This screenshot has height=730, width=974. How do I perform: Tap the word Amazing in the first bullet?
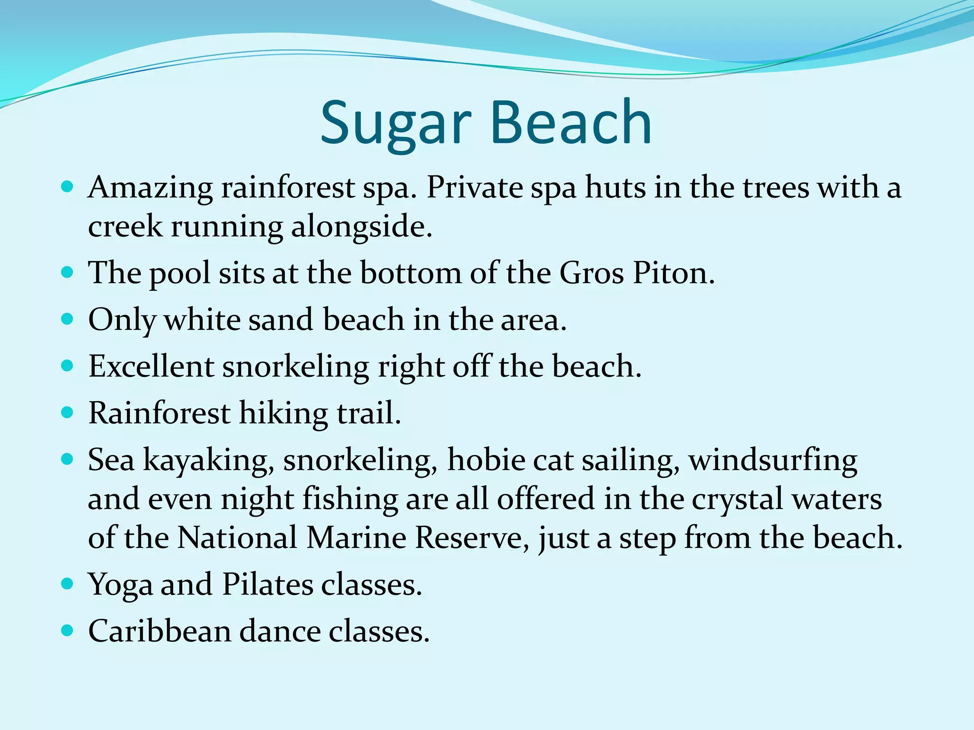tap(150, 188)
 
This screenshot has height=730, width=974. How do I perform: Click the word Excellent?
tap(151, 366)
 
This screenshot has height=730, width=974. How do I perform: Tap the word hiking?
tap(283, 413)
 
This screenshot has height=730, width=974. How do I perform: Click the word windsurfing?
tap(773, 460)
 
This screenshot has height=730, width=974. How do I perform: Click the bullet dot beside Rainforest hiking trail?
tap(68, 412)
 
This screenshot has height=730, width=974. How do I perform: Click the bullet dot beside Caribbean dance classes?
tap(68, 630)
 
